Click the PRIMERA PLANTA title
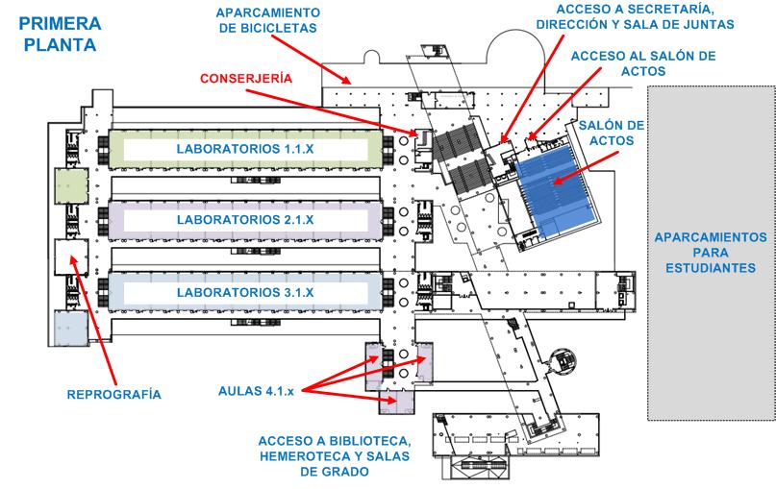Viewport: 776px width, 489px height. [x=60, y=35]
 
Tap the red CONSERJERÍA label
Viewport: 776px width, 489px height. [x=246, y=78]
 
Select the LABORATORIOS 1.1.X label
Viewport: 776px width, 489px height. [x=245, y=149]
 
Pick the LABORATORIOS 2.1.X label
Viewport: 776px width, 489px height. [x=245, y=220]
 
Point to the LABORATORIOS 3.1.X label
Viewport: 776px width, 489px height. [x=245, y=292]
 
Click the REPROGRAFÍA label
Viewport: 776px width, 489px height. [x=113, y=394]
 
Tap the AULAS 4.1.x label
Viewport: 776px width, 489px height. [x=256, y=391]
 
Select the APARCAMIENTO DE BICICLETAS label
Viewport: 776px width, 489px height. [x=267, y=20]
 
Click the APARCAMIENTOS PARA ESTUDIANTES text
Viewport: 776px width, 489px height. [x=711, y=253]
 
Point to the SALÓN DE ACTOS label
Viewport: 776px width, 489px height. [x=612, y=133]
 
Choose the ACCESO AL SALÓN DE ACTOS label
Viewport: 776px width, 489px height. [x=643, y=63]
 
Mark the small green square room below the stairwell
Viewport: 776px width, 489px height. [x=71, y=185]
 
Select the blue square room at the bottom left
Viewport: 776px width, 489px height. [x=71, y=327]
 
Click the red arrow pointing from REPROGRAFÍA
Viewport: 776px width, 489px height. [x=93, y=320]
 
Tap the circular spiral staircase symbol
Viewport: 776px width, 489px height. [x=563, y=360]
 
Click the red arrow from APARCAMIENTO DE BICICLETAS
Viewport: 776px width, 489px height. [x=312, y=60]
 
